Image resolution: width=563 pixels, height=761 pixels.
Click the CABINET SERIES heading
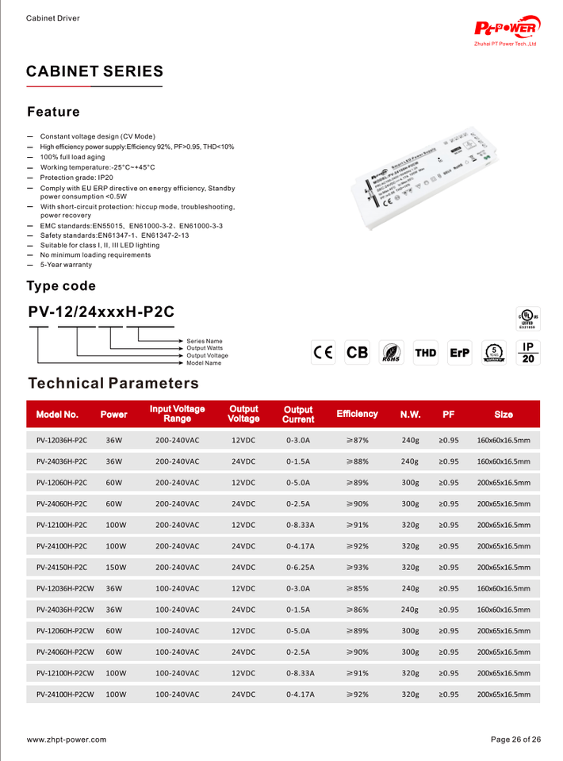pyautogui.click(x=94, y=71)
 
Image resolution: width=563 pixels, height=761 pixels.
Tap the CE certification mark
pyautogui.click(x=323, y=352)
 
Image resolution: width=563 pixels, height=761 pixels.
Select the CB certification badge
pyautogui.click(x=358, y=352)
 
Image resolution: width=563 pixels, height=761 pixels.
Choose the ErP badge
pyautogui.click(x=459, y=352)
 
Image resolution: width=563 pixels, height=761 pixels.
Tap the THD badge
pyautogui.click(x=425, y=352)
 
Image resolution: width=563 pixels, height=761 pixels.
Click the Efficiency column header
pyautogui.click(x=357, y=414)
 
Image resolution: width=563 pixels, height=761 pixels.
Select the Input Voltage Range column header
pyautogui.click(x=177, y=414)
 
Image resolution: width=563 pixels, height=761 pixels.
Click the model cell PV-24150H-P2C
pyautogui.click(x=62, y=568)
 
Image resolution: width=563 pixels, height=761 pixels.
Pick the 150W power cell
pyautogui.click(x=117, y=568)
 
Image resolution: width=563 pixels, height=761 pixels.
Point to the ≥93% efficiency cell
pyautogui.click(x=357, y=568)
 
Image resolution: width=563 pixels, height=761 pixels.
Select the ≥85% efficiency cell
pyautogui.click(x=357, y=589)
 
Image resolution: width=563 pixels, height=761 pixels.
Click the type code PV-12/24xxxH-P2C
pyautogui.click(x=101, y=312)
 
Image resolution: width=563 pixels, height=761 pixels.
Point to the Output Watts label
pyautogui.click(x=205, y=348)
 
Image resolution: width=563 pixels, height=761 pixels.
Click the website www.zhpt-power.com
pyautogui.click(x=67, y=740)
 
